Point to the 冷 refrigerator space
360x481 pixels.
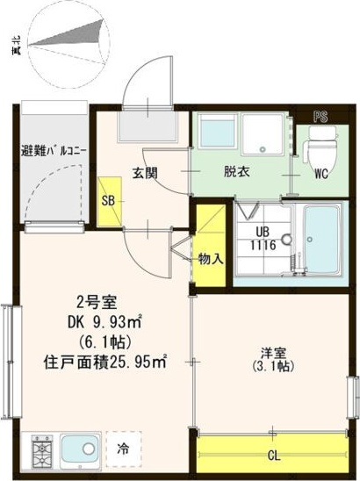124,449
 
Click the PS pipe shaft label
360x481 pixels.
320,115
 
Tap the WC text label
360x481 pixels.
320,174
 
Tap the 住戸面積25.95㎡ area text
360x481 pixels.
105,360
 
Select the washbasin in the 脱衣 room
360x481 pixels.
215,133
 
